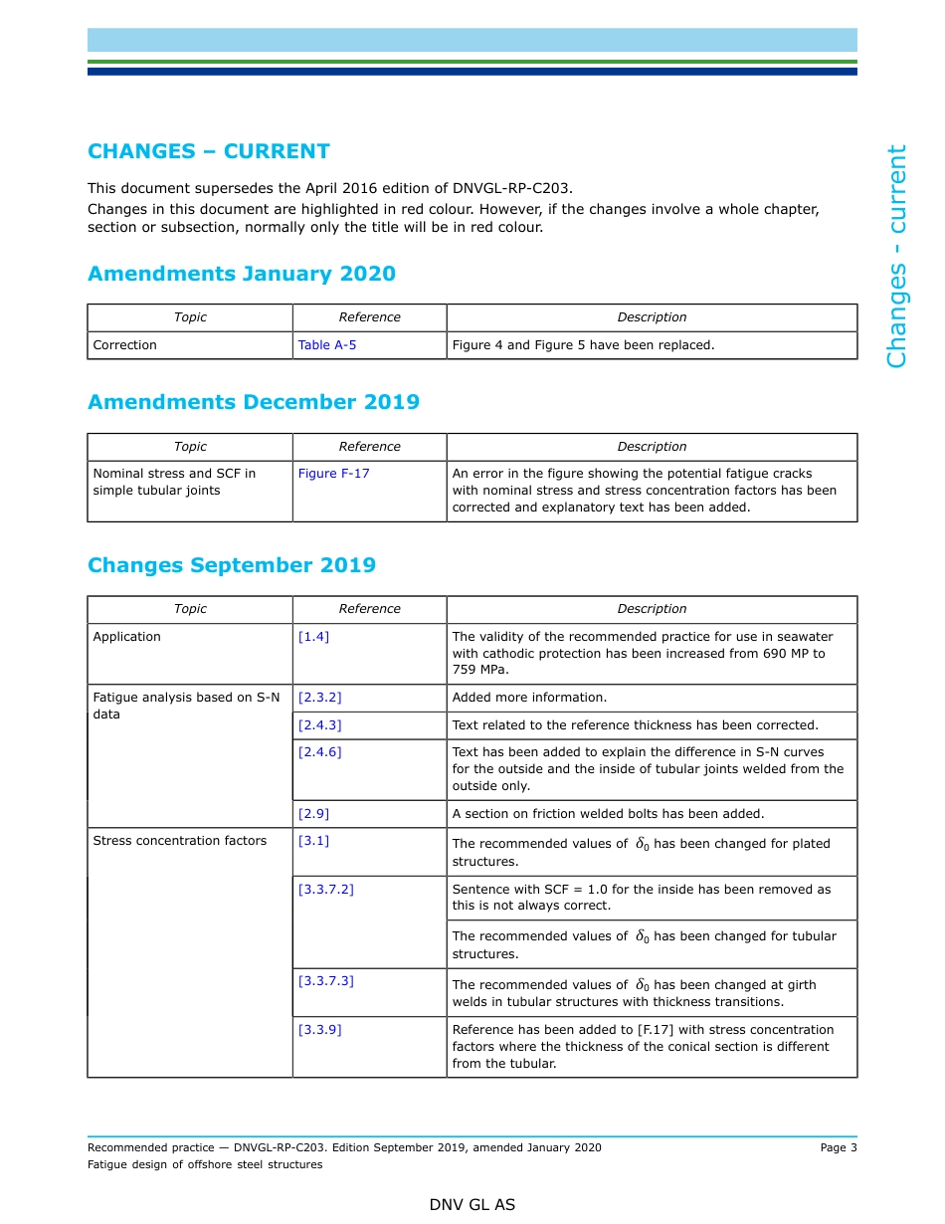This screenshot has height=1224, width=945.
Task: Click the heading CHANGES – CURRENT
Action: point(209,151)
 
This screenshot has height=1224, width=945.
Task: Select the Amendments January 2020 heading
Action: point(242,274)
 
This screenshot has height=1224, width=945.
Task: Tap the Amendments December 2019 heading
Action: point(254,402)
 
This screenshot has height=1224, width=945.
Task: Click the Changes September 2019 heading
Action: point(232,565)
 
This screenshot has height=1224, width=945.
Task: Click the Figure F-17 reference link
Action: point(333,474)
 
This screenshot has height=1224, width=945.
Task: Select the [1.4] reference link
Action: point(313,637)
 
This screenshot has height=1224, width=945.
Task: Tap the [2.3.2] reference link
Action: point(319,698)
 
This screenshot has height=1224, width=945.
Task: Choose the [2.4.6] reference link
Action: point(319,752)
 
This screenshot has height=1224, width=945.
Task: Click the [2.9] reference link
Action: point(313,814)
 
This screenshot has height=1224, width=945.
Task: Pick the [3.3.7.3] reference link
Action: point(325,981)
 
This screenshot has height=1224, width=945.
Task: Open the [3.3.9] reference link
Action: point(319,1030)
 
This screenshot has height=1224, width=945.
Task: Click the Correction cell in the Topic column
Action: point(125,345)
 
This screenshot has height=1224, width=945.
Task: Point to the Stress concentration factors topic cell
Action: point(180,841)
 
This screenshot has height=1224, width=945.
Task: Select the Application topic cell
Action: point(126,637)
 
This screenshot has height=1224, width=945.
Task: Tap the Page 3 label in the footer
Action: point(838,1147)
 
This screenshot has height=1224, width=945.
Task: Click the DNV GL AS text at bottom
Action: point(472,1204)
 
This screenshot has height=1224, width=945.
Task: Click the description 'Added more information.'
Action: point(529,698)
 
